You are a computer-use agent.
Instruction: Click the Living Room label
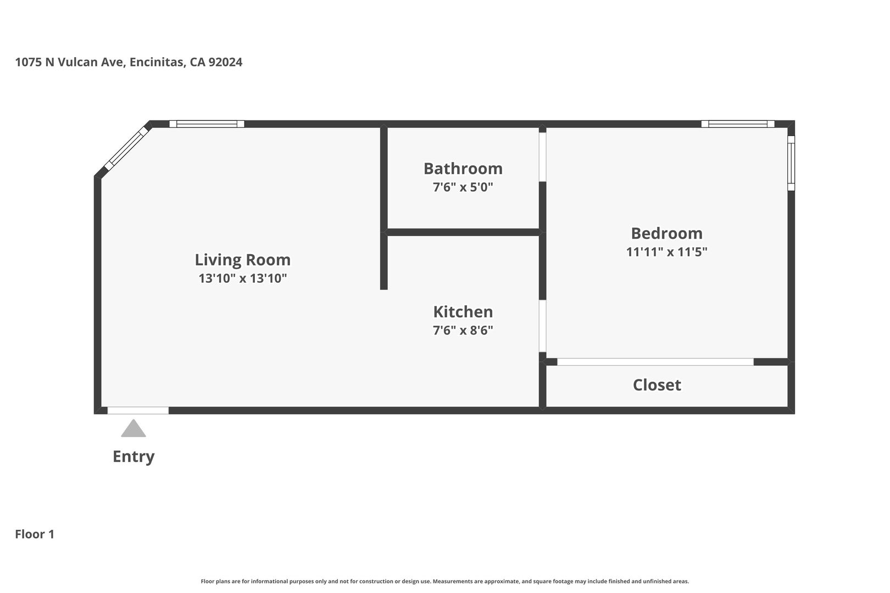242,260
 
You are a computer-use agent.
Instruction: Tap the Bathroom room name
463,168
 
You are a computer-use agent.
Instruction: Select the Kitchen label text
463,312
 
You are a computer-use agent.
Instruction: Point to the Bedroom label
666,233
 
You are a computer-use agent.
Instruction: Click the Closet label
657,385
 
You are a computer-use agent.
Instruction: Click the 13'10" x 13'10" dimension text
242,278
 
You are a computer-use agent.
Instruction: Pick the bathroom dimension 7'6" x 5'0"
463,187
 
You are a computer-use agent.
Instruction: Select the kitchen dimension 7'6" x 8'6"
463,331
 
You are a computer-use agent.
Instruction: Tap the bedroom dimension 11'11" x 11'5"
666,252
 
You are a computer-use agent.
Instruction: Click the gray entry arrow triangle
133,429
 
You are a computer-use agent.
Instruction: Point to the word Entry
133,456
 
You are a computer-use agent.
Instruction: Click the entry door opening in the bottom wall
138,410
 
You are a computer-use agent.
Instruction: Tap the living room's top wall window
207,124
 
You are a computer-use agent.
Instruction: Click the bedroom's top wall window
738,124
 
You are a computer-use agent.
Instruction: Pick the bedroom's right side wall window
791,163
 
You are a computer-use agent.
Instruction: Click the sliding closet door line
655,362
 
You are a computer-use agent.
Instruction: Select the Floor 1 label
35,534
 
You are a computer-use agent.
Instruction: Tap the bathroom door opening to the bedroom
542,157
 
